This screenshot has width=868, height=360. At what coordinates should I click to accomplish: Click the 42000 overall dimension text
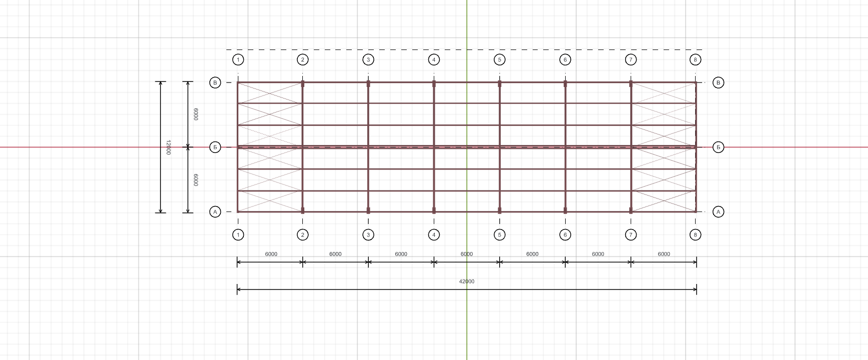pos(467,281)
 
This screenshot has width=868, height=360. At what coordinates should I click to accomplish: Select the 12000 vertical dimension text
pos(168,147)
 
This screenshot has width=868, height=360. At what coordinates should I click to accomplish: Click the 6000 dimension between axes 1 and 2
pos(271,254)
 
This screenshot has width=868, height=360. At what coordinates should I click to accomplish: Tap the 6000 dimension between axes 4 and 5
pos(467,254)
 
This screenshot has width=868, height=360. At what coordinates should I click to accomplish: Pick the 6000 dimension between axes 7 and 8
pos(664,254)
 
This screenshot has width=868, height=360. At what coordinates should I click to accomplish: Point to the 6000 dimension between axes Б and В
pos(196,114)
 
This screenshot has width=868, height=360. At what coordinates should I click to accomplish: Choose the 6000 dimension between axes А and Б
pos(196,180)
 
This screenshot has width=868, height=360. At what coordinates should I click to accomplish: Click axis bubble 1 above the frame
pos(238,60)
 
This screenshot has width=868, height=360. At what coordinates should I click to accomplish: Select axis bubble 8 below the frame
pos(695,234)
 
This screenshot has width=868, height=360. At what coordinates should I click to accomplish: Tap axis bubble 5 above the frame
pos(499,60)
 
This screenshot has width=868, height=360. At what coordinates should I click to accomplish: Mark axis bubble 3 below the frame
pos(368,234)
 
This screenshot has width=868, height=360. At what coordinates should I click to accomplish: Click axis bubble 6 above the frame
pos(565,60)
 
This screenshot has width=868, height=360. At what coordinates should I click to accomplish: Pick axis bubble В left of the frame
pos(215,82)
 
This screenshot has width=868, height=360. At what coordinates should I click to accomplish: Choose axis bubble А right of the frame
pos(718,212)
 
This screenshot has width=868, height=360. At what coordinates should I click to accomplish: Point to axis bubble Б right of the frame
pos(718,147)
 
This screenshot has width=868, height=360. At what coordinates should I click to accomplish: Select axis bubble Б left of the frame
pos(215,147)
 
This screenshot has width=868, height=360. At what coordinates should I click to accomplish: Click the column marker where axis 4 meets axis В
pos(434,84)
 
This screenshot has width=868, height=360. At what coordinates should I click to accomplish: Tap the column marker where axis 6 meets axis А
pos(565,210)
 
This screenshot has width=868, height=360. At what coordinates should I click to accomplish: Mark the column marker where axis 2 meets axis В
pos(302,84)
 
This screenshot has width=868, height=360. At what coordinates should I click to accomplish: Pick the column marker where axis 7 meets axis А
pos(631,210)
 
